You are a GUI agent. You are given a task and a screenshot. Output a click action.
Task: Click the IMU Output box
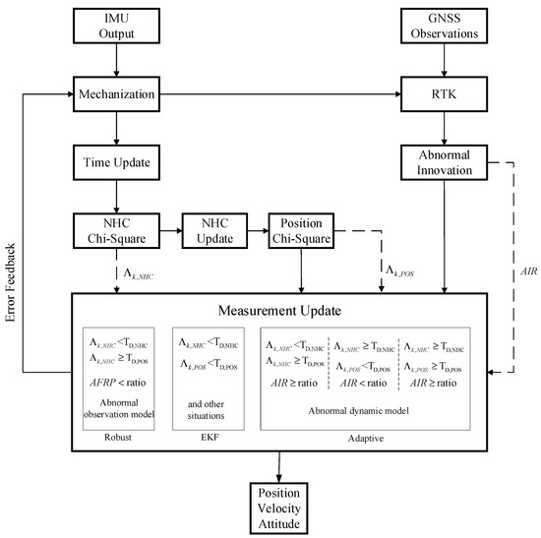pos(117,27)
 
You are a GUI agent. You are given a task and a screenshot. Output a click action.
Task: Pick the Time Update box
pos(117,161)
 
